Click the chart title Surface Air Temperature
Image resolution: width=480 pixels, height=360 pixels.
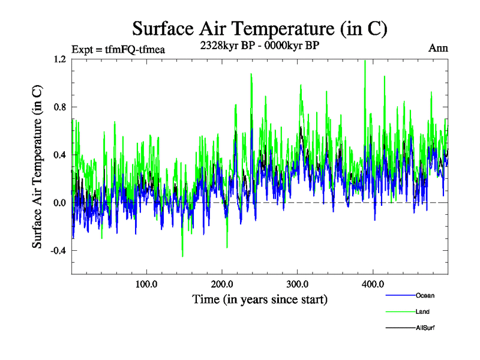(x=259, y=28)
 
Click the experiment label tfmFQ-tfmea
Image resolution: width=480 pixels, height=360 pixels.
(x=118, y=49)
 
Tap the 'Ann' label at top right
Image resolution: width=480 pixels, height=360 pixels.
(x=438, y=47)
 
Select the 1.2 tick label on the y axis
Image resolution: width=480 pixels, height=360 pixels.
(x=59, y=59)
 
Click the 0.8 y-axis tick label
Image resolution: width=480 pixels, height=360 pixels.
(x=59, y=107)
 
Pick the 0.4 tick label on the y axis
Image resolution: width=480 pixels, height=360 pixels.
(x=59, y=155)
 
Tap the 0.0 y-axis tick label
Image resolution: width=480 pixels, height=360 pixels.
(x=59, y=203)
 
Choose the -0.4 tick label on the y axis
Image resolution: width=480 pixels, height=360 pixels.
(x=58, y=251)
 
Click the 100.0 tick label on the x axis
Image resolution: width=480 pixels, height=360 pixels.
(x=146, y=284)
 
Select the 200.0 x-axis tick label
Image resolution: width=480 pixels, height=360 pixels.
(x=222, y=284)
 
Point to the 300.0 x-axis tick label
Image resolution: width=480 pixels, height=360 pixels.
(x=298, y=284)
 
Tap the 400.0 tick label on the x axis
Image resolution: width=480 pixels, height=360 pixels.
(x=373, y=284)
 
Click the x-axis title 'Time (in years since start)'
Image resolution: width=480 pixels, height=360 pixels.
(x=260, y=298)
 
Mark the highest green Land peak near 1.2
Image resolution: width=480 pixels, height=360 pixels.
(x=365, y=61)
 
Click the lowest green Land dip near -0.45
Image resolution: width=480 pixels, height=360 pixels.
(x=182, y=256)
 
